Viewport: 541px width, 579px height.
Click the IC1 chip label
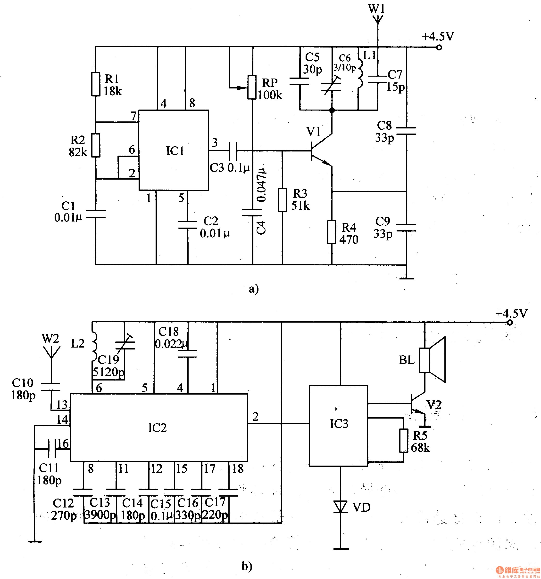point(175,151)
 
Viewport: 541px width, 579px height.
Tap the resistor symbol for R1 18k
point(96,84)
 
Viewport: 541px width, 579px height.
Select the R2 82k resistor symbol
point(96,145)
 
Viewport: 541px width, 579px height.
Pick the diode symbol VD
point(340,507)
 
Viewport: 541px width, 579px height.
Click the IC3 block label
point(339,424)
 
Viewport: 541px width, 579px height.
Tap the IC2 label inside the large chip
point(157,428)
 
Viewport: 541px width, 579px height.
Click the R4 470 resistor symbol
point(332,232)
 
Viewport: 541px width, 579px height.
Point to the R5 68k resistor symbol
point(404,440)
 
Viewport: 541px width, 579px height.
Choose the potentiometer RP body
point(252,87)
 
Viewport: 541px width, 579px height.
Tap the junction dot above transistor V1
point(332,110)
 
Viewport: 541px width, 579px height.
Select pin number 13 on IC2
point(62,404)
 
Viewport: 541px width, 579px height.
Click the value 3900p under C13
point(100,515)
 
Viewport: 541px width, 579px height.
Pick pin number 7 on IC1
point(133,116)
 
